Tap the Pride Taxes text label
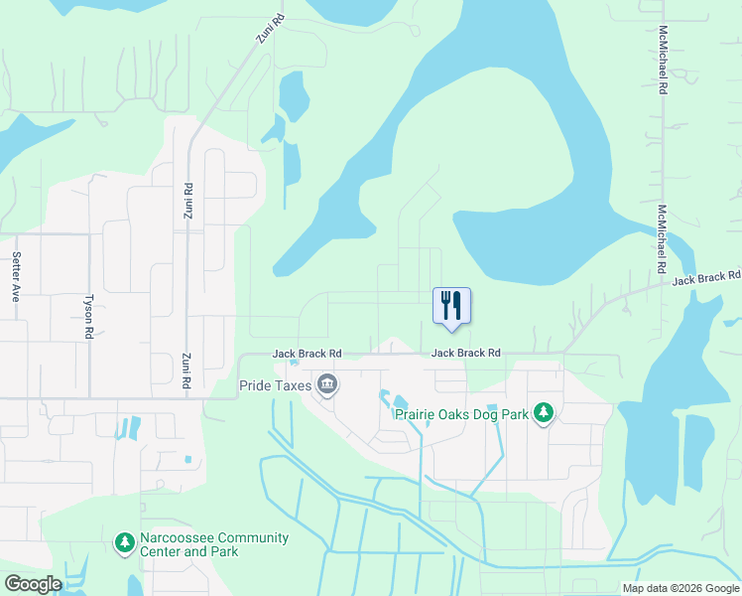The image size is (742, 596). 275,384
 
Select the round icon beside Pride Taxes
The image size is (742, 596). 326,384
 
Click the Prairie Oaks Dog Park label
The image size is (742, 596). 461,413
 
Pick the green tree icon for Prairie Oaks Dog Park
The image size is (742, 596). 543,412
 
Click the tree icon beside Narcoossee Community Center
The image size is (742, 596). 124,541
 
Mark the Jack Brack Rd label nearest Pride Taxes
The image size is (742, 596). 308,354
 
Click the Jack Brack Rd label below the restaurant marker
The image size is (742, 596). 465,353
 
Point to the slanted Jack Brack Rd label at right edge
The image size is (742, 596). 706,279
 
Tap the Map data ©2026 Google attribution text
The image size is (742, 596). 680,588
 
